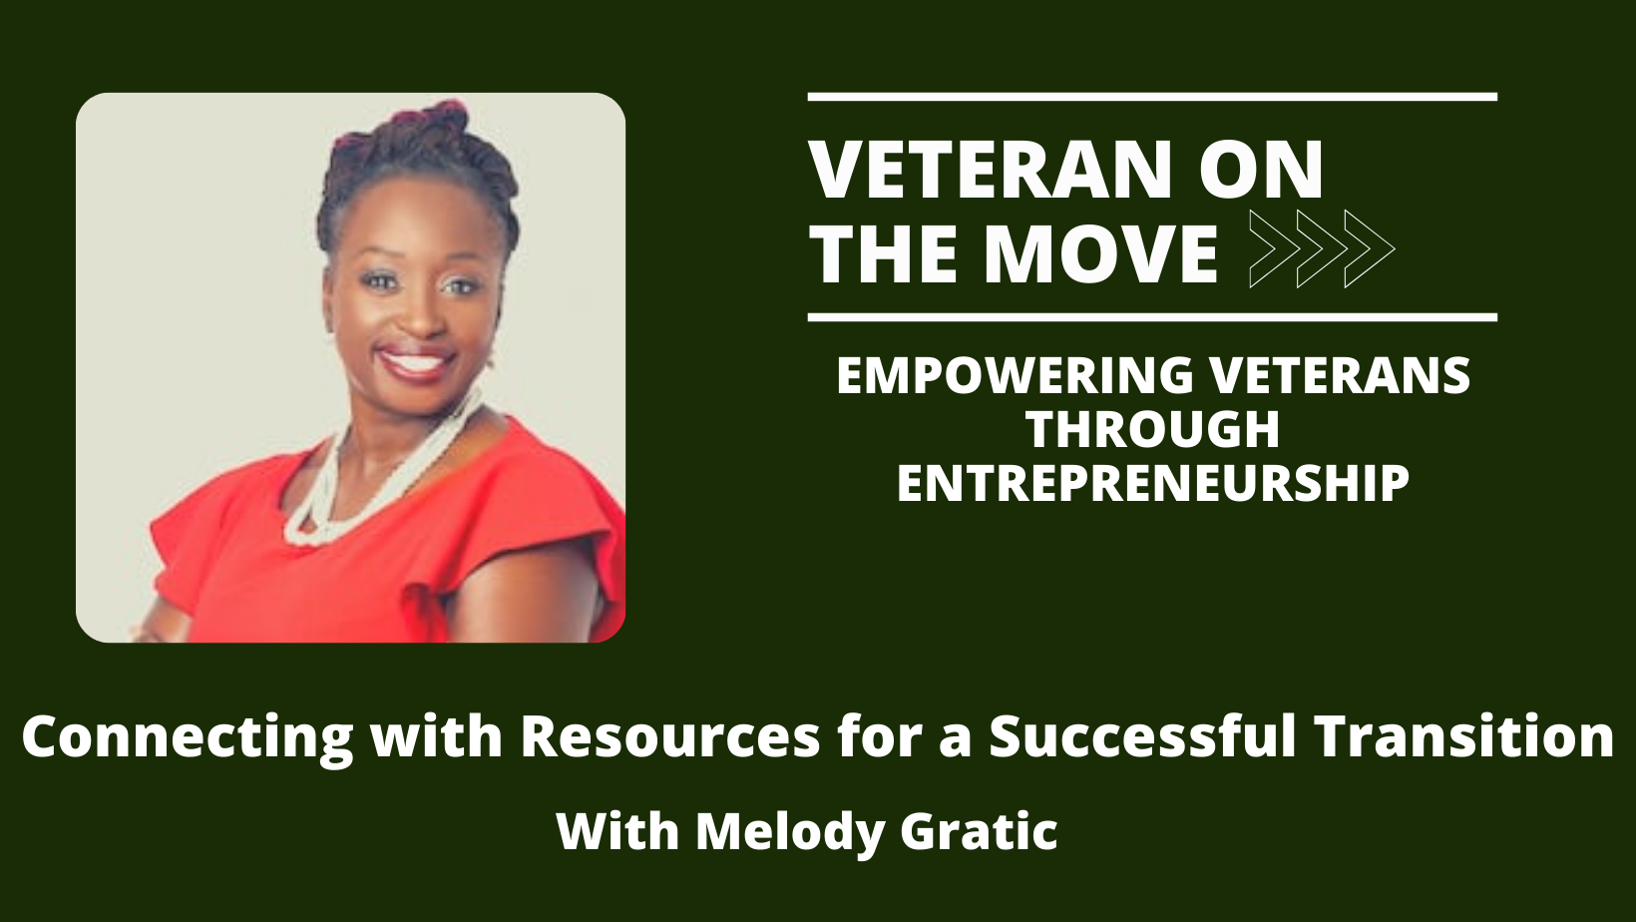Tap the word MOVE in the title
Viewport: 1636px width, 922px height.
(x=1099, y=253)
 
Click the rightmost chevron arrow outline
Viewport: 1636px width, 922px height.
(x=1370, y=248)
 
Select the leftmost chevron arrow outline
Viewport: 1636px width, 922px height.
(x=1275, y=248)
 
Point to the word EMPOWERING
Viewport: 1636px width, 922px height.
(x=1014, y=375)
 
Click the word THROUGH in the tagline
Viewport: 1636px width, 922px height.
(x=1153, y=429)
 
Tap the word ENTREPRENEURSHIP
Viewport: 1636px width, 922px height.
(x=1153, y=483)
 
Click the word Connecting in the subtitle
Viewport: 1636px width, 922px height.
(x=188, y=737)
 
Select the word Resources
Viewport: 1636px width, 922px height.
(x=669, y=736)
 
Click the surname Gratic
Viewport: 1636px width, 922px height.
(x=979, y=831)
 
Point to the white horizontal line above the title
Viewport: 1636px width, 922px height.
(x=1152, y=97)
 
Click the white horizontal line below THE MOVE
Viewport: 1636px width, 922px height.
(x=1152, y=317)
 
